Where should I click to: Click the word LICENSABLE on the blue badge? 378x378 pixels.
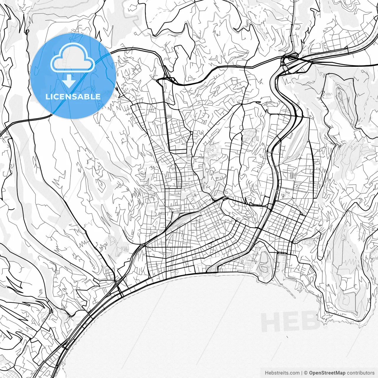73,97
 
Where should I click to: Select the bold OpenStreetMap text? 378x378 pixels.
327,373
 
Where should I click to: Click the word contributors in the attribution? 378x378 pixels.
361,373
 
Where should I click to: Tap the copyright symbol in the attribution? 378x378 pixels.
306,373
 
